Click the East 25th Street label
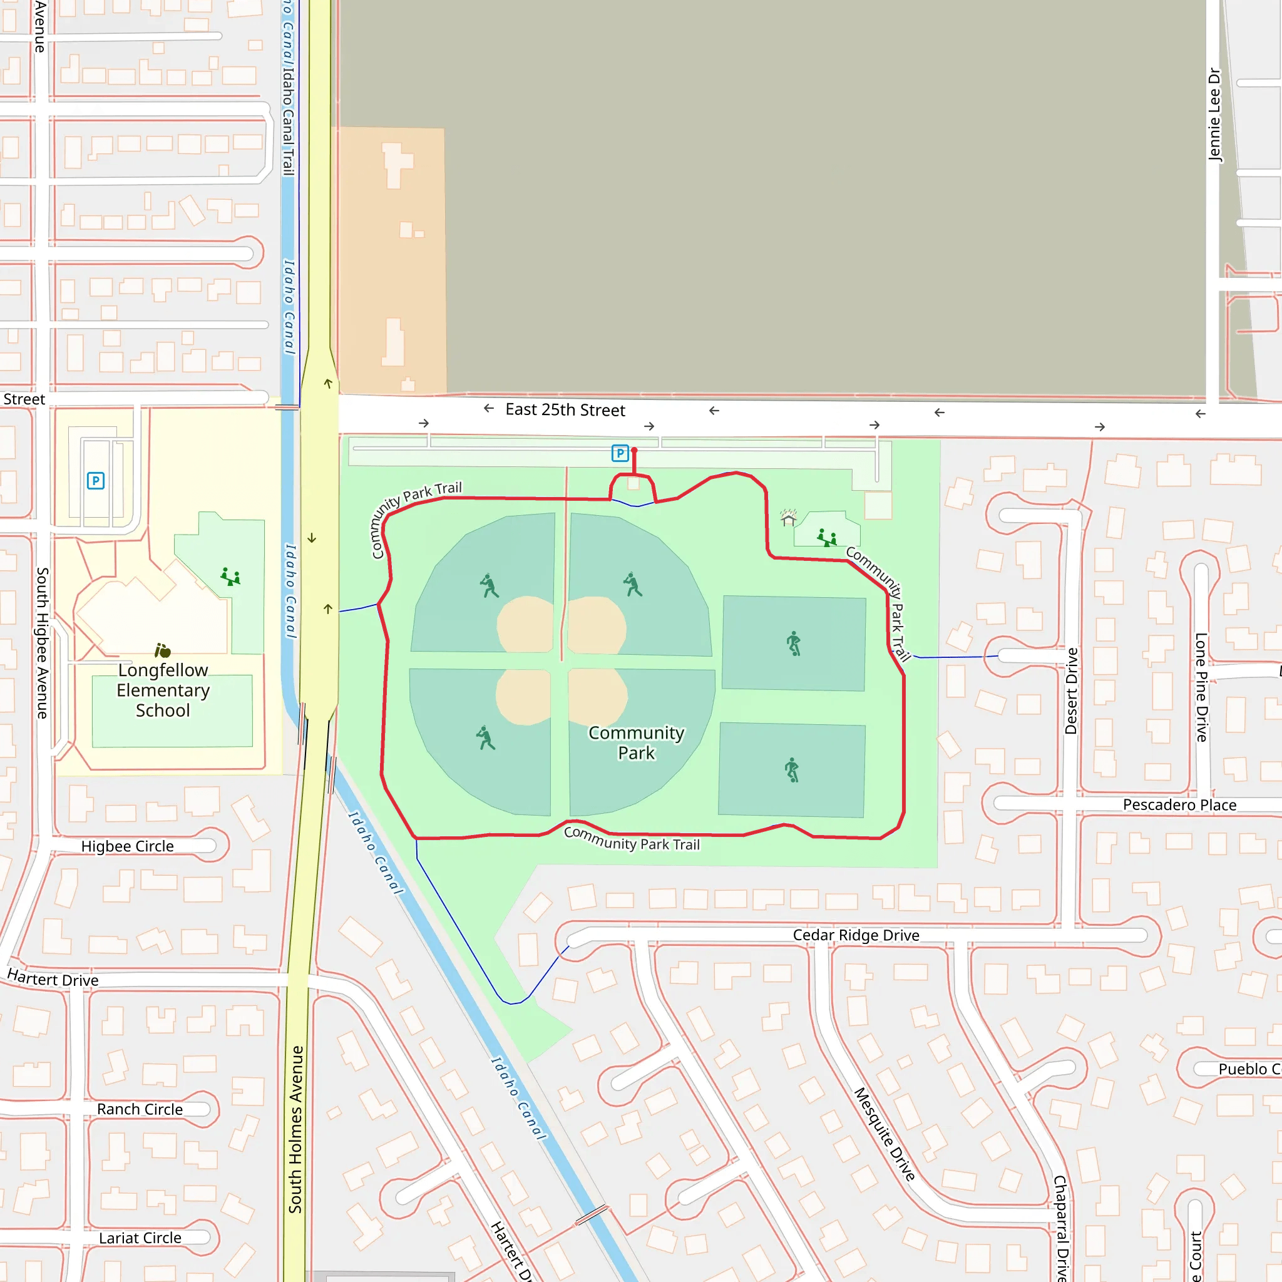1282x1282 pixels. click(565, 410)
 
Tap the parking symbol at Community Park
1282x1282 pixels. click(620, 453)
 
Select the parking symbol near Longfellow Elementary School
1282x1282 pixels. click(96, 480)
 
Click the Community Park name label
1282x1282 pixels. click(636, 742)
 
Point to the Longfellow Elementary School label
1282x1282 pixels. click(163, 690)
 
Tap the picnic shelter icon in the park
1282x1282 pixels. click(788, 518)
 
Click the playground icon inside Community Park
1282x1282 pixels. click(827, 538)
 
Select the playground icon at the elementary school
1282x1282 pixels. click(230, 576)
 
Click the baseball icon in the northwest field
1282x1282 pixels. click(489, 585)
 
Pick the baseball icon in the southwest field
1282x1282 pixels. click(485, 737)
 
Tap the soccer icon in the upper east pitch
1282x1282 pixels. click(794, 643)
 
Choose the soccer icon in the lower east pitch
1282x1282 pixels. click(792, 770)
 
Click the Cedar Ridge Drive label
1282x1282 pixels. click(856, 935)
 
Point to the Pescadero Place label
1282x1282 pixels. click(1179, 805)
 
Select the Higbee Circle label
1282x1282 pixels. click(128, 846)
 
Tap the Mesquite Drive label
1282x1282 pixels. click(885, 1134)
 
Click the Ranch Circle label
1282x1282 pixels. click(140, 1109)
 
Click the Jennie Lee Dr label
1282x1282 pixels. click(1214, 114)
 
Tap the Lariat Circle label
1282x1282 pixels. click(140, 1238)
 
